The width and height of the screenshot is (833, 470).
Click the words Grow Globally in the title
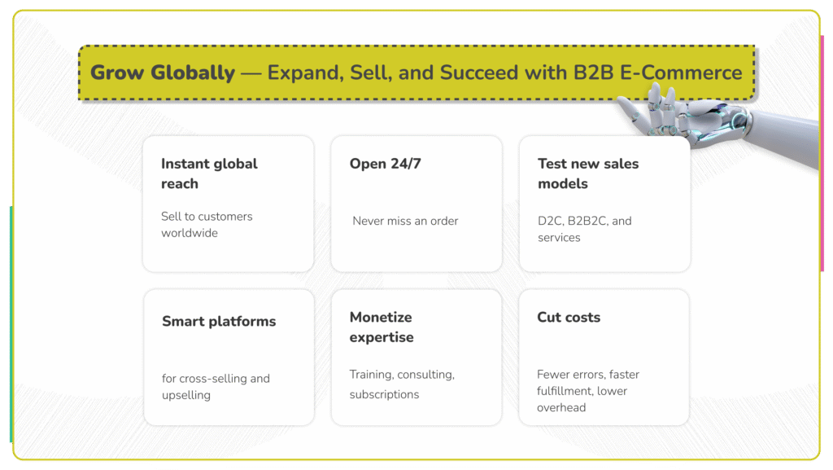162,72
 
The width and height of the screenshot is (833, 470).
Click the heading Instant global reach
209,174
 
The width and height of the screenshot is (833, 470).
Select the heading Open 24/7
386,164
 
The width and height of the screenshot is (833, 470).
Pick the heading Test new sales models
587,174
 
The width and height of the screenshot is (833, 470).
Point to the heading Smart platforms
219,321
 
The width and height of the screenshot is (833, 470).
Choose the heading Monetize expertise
382,327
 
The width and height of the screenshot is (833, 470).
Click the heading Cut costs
569,317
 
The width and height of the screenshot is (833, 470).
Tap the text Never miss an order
405,221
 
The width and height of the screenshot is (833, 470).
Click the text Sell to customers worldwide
207,225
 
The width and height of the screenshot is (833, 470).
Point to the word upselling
186,395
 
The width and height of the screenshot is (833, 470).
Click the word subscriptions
384,394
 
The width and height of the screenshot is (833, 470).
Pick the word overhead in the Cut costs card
561,407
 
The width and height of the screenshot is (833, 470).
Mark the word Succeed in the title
478,72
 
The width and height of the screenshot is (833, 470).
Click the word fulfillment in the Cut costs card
565,391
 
